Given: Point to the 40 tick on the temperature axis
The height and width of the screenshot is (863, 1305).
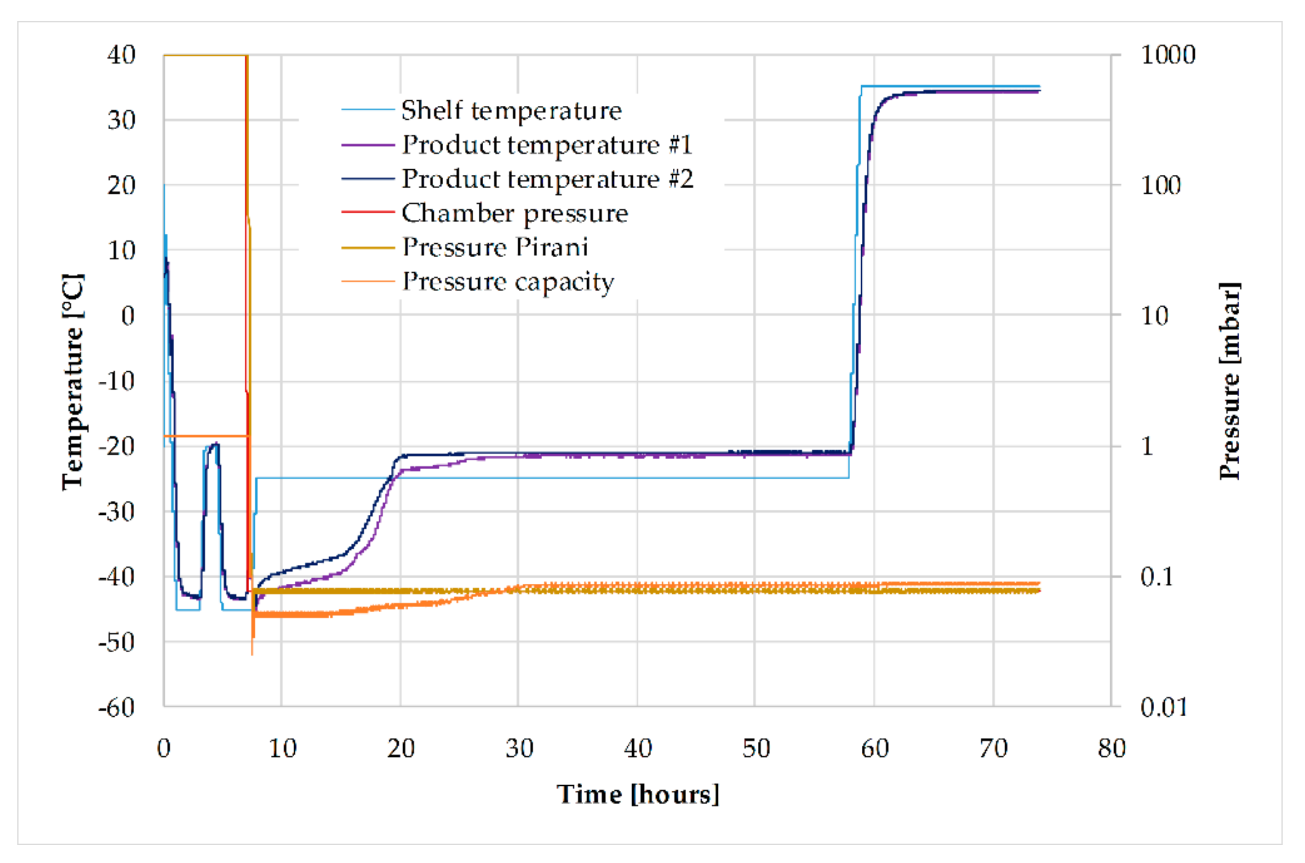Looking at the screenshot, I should (x=121, y=55).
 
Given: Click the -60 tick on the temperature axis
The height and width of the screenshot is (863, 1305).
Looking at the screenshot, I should (x=117, y=708).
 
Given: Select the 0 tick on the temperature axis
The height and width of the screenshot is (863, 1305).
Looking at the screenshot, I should (x=128, y=316).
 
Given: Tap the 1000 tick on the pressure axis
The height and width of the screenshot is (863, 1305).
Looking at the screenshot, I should (x=1168, y=55).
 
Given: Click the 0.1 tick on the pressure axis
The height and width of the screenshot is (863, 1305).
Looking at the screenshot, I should (x=1156, y=577).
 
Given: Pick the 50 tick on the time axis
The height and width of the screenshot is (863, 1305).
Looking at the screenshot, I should (x=756, y=748).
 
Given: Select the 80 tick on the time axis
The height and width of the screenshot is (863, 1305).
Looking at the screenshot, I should (x=1111, y=748).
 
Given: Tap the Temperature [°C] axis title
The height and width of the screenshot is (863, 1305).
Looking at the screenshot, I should (x=73, y=381).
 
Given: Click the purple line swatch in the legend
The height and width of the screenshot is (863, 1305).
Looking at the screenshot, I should (x=367, y=145).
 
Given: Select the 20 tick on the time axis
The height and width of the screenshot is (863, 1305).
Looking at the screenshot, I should (x=401, y=748).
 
